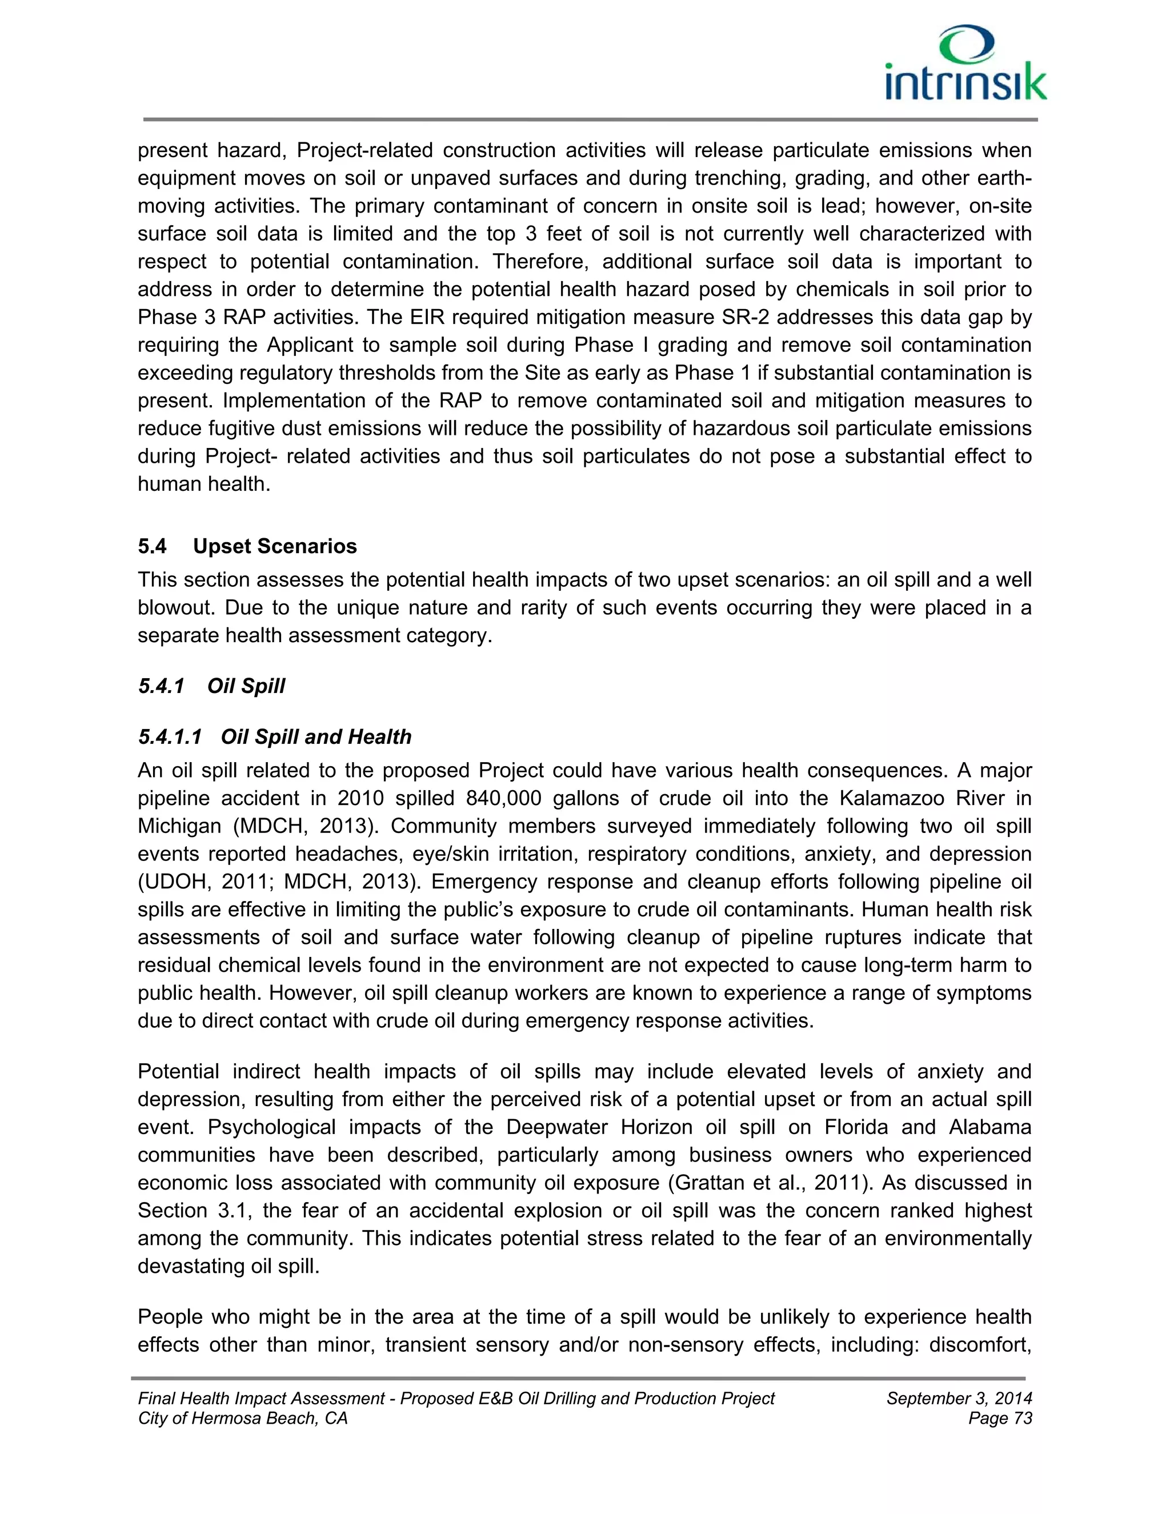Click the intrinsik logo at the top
click(965, 65)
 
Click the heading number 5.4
click(152, 546)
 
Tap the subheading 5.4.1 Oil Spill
click(211, 686)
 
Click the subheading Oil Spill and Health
click(315, 736)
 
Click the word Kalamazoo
click(890, 799)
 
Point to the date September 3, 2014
click(959, 1398)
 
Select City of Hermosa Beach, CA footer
click(243, 1419)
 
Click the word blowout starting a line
click(170, 608)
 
